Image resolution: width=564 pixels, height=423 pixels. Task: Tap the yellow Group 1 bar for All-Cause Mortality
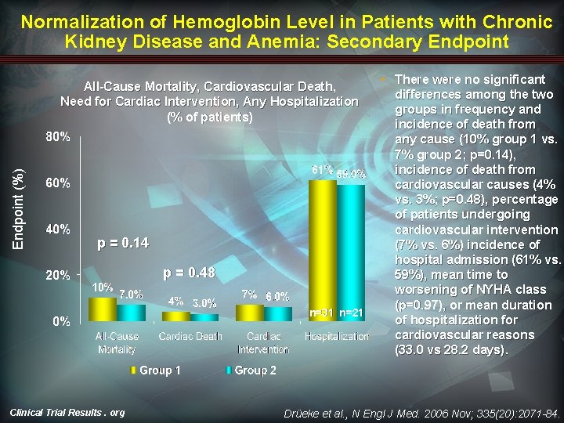click(x=102, y=309)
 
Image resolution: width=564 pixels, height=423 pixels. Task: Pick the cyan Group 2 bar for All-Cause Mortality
click(x=131, y=313)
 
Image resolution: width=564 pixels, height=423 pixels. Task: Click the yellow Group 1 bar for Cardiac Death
click(x=176, y=316)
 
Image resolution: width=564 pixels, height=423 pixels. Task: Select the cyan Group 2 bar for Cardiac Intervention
click(x=278, y=313)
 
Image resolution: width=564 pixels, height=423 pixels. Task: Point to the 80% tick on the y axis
click(x=58, y=137)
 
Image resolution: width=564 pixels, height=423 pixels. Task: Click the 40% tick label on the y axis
click(x=58, y=230)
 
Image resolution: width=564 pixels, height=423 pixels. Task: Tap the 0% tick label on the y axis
click(x=61, y=321)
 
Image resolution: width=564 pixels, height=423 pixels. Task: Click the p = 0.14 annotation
click(x=122, y=243)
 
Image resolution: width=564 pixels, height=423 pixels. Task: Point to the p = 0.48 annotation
click(x=188, y=273)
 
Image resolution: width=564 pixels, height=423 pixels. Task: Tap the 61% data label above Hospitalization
click(x=322, y=170)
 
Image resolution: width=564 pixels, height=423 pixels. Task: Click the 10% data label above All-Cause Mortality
click(x=102, y=287)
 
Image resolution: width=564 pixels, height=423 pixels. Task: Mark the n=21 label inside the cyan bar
click(x=351, y=313)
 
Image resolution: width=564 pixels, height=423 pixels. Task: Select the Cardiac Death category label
click(x=190, y=336)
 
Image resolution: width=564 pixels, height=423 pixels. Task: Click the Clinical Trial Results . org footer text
click(x=67, y=412)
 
